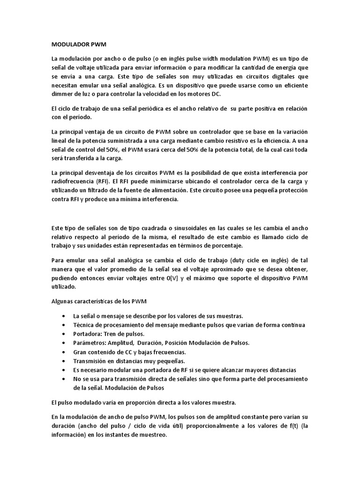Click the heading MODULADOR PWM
(79, 45)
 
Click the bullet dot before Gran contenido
(63, 352)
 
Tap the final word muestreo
(151, 435)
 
